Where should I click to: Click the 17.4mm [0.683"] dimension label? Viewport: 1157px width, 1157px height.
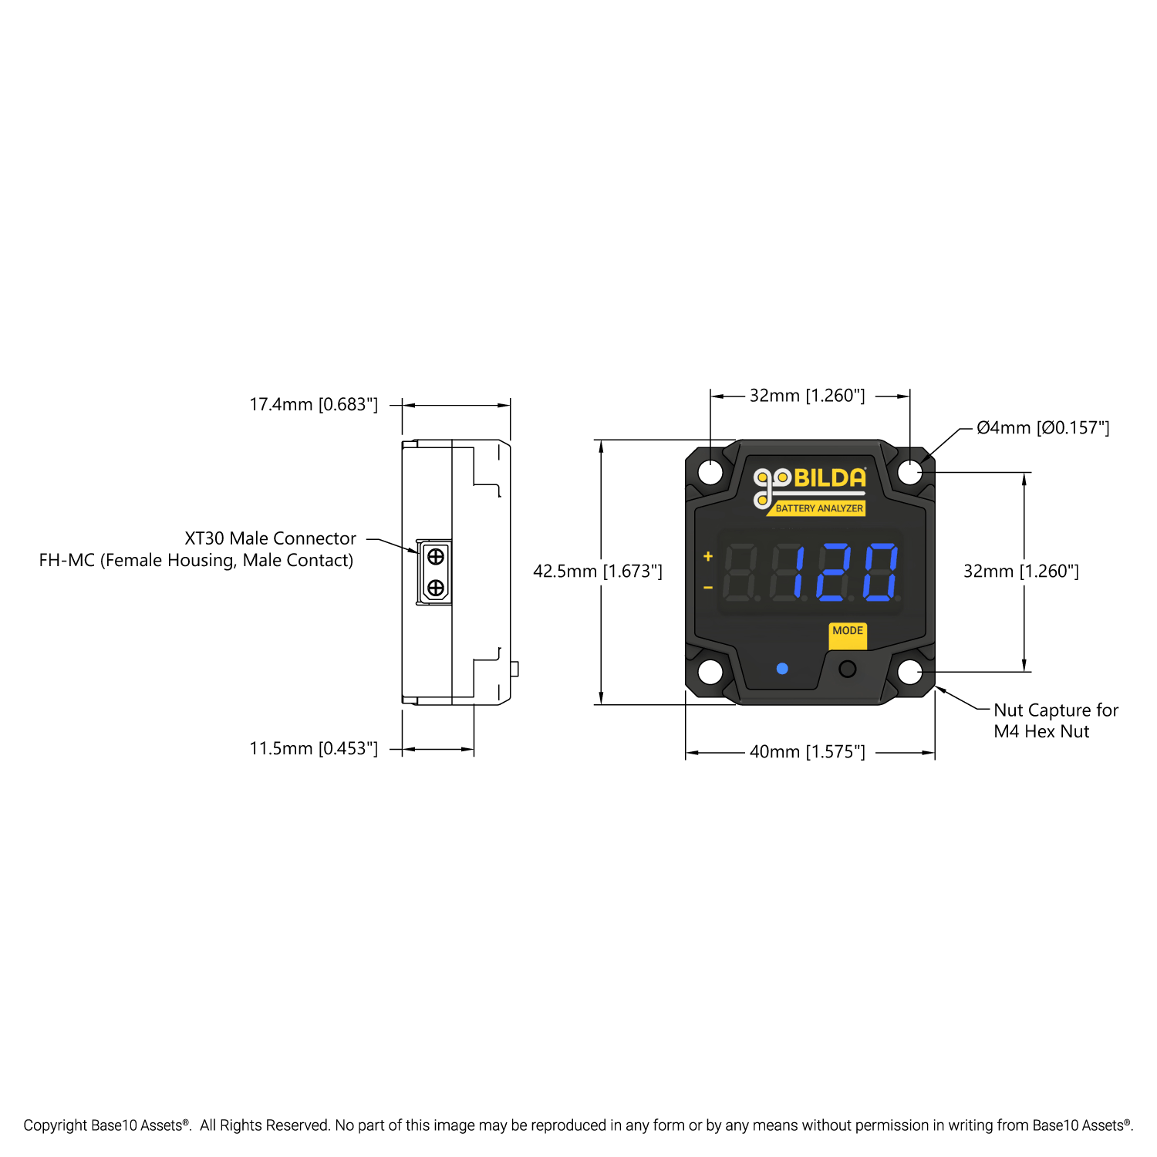coord(314,405)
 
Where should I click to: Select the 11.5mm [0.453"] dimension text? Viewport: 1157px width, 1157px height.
coord(314,749)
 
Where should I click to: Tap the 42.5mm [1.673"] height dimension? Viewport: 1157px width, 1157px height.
coord(598,572)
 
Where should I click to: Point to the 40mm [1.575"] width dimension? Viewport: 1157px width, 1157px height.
coord(808,752)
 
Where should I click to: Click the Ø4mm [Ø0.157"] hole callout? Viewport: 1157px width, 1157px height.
coord(1043,428)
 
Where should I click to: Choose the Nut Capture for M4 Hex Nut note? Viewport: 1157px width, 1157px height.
coord(1055,721)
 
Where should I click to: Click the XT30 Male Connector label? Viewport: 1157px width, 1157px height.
coord(270,538)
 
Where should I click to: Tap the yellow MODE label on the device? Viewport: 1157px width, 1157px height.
coord(848,632)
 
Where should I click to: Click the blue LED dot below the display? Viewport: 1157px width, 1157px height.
coord(782,669)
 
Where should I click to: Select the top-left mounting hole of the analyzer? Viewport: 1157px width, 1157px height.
coord(710,472)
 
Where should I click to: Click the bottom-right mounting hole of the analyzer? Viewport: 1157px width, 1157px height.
coord(910,672)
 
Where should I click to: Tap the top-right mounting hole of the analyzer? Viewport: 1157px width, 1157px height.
coord(910,472)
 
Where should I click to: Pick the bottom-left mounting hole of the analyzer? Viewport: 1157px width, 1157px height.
coord(710,672)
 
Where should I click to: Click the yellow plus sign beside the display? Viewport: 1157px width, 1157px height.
coord(708,556)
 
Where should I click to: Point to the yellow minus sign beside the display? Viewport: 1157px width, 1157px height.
coord(708,588)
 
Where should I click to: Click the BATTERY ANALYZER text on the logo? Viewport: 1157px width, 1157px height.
coord(819,508)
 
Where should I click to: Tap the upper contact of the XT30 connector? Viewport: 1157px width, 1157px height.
coord(436,556)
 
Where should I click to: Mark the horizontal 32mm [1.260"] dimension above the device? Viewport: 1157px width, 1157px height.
coord(808,396)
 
